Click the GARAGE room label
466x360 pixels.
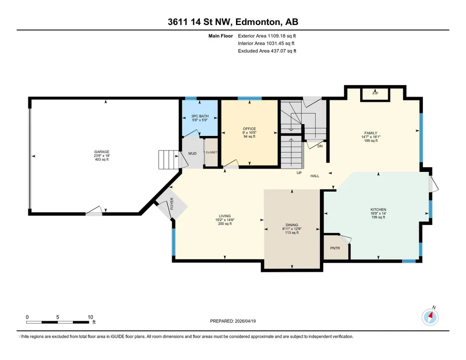coord(102,152)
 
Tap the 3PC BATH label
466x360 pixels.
coord(200,116)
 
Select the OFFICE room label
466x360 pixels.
coord(249,129)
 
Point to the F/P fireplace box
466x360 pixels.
coord(375,95)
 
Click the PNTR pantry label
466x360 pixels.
coord(335,248)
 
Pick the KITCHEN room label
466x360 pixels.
coord(378,210)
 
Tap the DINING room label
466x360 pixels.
coord(292,225)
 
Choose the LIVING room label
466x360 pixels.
coord(225,216)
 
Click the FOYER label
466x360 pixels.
coord(172,204)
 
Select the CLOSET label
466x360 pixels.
coord(211,152)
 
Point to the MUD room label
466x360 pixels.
coord(192,154)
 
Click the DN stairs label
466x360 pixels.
coord(320,146)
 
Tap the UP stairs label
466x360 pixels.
coord(299,173)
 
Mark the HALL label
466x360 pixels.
coord(315,176)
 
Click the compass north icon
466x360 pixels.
coord(430,317)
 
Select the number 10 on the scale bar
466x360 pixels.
coord(90,317)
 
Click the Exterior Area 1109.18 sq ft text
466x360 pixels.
coord(267,36)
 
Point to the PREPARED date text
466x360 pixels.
coord(233,321)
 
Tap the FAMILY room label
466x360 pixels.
coord(371,133)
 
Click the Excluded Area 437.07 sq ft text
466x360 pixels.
coord(267,51)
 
